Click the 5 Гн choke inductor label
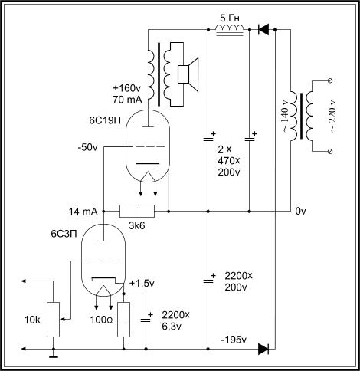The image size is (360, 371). [230, 18]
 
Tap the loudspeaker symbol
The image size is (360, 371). [188, 74]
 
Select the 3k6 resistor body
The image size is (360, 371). [137, 212]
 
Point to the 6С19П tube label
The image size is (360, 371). [105, 120]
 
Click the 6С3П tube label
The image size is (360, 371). [64, 234]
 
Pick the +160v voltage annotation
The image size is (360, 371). [126, 88]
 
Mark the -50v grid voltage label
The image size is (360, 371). [87, 148]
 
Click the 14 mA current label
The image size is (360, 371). [83, 212]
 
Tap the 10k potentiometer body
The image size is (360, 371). [54, 320]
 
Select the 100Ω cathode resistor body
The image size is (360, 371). [123, 320]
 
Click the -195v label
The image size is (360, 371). [234, 340]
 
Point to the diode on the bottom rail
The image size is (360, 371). [263, 349]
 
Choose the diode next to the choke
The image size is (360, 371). [263, 30]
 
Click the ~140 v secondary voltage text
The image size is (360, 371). [285, 117]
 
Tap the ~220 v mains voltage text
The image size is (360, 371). [332, 117]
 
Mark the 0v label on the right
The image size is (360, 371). [300, 212]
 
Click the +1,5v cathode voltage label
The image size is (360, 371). [142, 284]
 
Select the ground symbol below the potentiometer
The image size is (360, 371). [54, 356]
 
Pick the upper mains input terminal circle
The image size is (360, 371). [329, 81]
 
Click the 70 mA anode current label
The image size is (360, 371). [127, 100]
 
